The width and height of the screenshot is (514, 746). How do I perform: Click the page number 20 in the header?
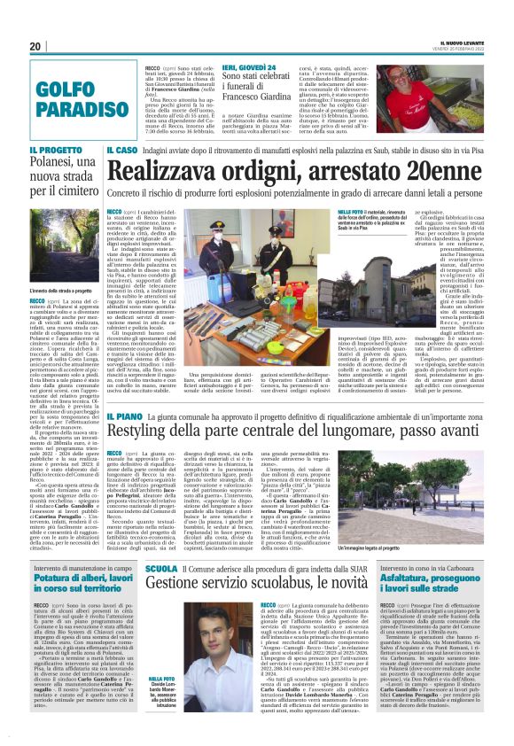pos(35,46)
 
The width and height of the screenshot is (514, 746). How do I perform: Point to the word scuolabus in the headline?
pos(298,609)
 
